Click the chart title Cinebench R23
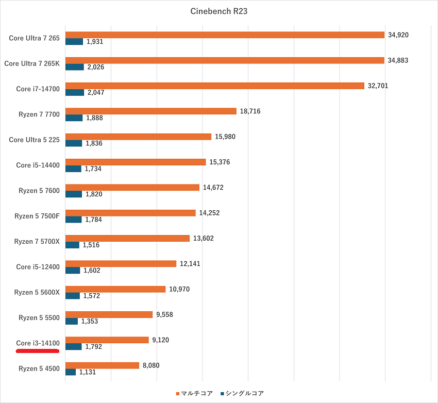pyautogui.click(x=218, y=11)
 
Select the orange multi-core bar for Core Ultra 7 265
pyautogui.click(x=225, y=35)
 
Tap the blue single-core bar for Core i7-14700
pyautogui.click(x=75, y=93)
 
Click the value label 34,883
pyautogui.click(x=398, y=60)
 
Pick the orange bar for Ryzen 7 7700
pyautogui.click(x=150, y=111)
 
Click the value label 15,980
pyautogui.click(x=225, y=137)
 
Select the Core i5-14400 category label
pyautogui.click(x=38, y=165)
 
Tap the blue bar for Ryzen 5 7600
pyautogui.click(x=74, y=194)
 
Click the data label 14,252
pyautogui.click(x=209, y=213)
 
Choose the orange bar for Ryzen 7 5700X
pyautogui.click(x=127, y=238)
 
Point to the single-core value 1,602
pyautogui.click(x=93, y=271)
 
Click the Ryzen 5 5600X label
pyautogui.click(x=37, y=292)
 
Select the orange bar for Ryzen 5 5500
pyautogui.click(x=109, y=314)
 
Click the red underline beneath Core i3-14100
pyautogui.click(x=38, y=351)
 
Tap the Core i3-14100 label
pyautogui.click(x=38, y=343)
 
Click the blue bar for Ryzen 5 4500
pyautogui.click(x=71, y=372)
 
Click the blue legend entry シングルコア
pyautogui.click(x=242, y=393)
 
